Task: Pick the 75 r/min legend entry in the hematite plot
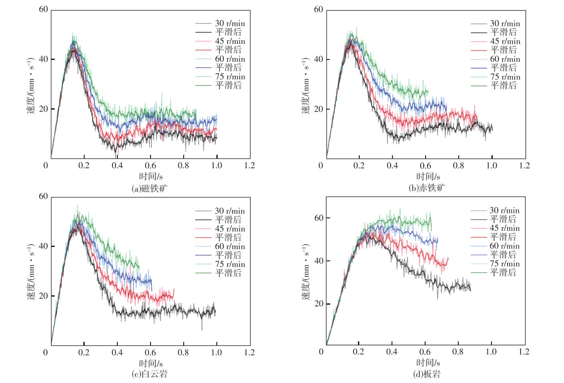click(504, 77)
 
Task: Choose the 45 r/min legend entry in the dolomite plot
click(229, 229)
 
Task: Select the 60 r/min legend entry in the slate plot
click(504, 246)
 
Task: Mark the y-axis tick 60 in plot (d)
click(316, 218)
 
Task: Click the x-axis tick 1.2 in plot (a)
click(250, 166)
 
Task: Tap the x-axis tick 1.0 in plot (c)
click(216, 353)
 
